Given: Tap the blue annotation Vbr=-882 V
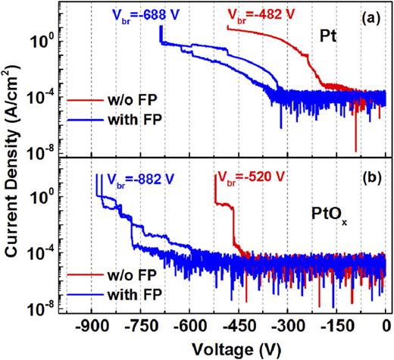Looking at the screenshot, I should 140,180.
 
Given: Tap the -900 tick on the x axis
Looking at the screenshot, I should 91,327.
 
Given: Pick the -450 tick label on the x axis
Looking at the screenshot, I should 239,327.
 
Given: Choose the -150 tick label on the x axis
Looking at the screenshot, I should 337,327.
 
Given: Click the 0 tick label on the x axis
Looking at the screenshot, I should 386,327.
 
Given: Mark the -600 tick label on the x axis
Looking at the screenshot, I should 189,327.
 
